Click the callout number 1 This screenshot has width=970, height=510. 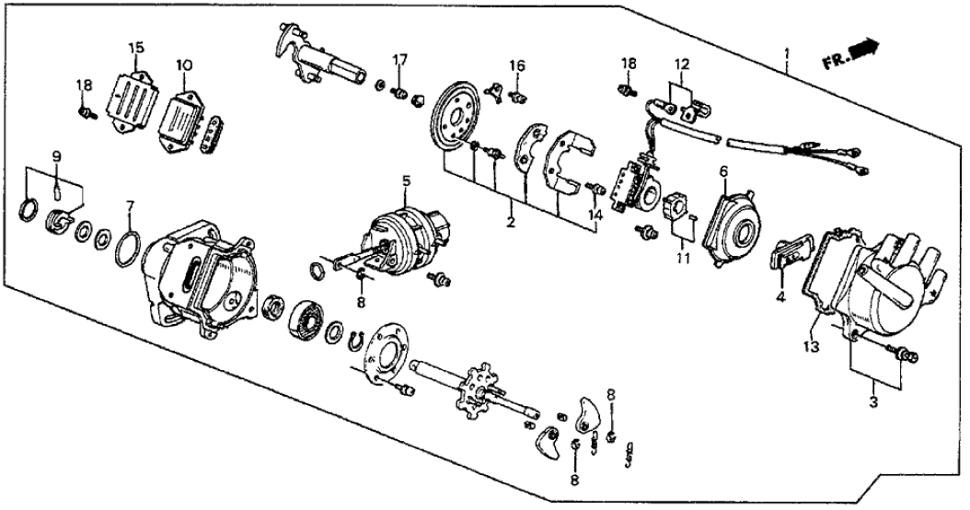click(786, 53)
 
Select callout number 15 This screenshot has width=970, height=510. click(136, 47)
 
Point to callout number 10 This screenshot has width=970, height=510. click(184, 65)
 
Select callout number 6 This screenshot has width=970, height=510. click(723, 171)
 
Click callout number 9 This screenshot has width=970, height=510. click(56, 156)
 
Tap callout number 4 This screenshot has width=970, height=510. click(779, 298)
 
